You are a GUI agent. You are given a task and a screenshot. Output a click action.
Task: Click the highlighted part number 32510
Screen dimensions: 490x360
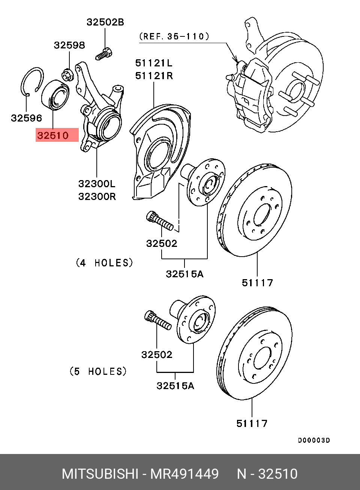pyautogui.click(x=53, y=135)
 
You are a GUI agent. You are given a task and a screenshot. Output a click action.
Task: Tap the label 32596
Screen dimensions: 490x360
pyautogui.click(x=26, y=118)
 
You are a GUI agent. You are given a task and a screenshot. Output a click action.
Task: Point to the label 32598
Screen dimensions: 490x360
pyautogui.click(x=69, y=45)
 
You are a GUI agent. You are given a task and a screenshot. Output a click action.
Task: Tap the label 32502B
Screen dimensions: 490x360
pyautogui.click(x=105, y=22)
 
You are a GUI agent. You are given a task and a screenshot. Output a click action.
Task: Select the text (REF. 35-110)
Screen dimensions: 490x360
pyautogui.click(x=174, y=37)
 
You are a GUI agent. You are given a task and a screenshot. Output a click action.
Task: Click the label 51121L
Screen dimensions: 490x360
pyautogui.click(x=154, y=63)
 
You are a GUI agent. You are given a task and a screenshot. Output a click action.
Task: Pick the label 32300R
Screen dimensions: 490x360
pyautogui.click(x=97, y=196)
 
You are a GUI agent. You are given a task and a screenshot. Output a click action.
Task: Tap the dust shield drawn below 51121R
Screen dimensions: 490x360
pyautogui.click(x=157, y=150)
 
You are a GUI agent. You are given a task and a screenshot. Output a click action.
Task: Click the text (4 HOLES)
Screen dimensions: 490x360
pyautogui.click(x=105, y=263)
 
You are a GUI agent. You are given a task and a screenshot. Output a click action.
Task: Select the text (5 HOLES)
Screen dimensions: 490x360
pyautogui.click(x=98, y=371)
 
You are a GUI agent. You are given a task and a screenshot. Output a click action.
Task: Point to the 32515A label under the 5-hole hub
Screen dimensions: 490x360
pyautogui.click(x=175, y=385)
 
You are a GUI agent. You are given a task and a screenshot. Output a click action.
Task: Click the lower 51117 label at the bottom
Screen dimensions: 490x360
pyautogui.click(x=252, y=424)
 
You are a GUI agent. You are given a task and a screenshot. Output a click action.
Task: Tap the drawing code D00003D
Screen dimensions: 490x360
pyautogui.click(x=314, y=440)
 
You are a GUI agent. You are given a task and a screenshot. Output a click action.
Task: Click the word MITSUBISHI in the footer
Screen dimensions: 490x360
pyautogui.click(x=99, y=474)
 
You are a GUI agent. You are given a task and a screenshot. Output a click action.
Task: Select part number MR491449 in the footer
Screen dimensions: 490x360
pyautogui.click(x=184, y=474)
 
